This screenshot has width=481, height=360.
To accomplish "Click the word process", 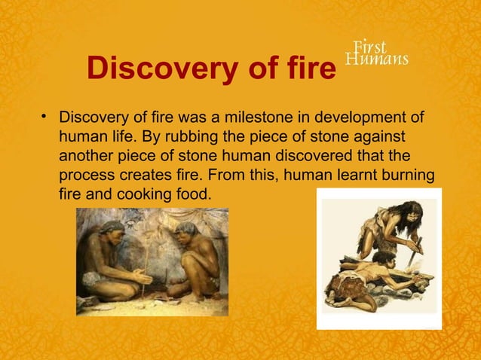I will (85, 175).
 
